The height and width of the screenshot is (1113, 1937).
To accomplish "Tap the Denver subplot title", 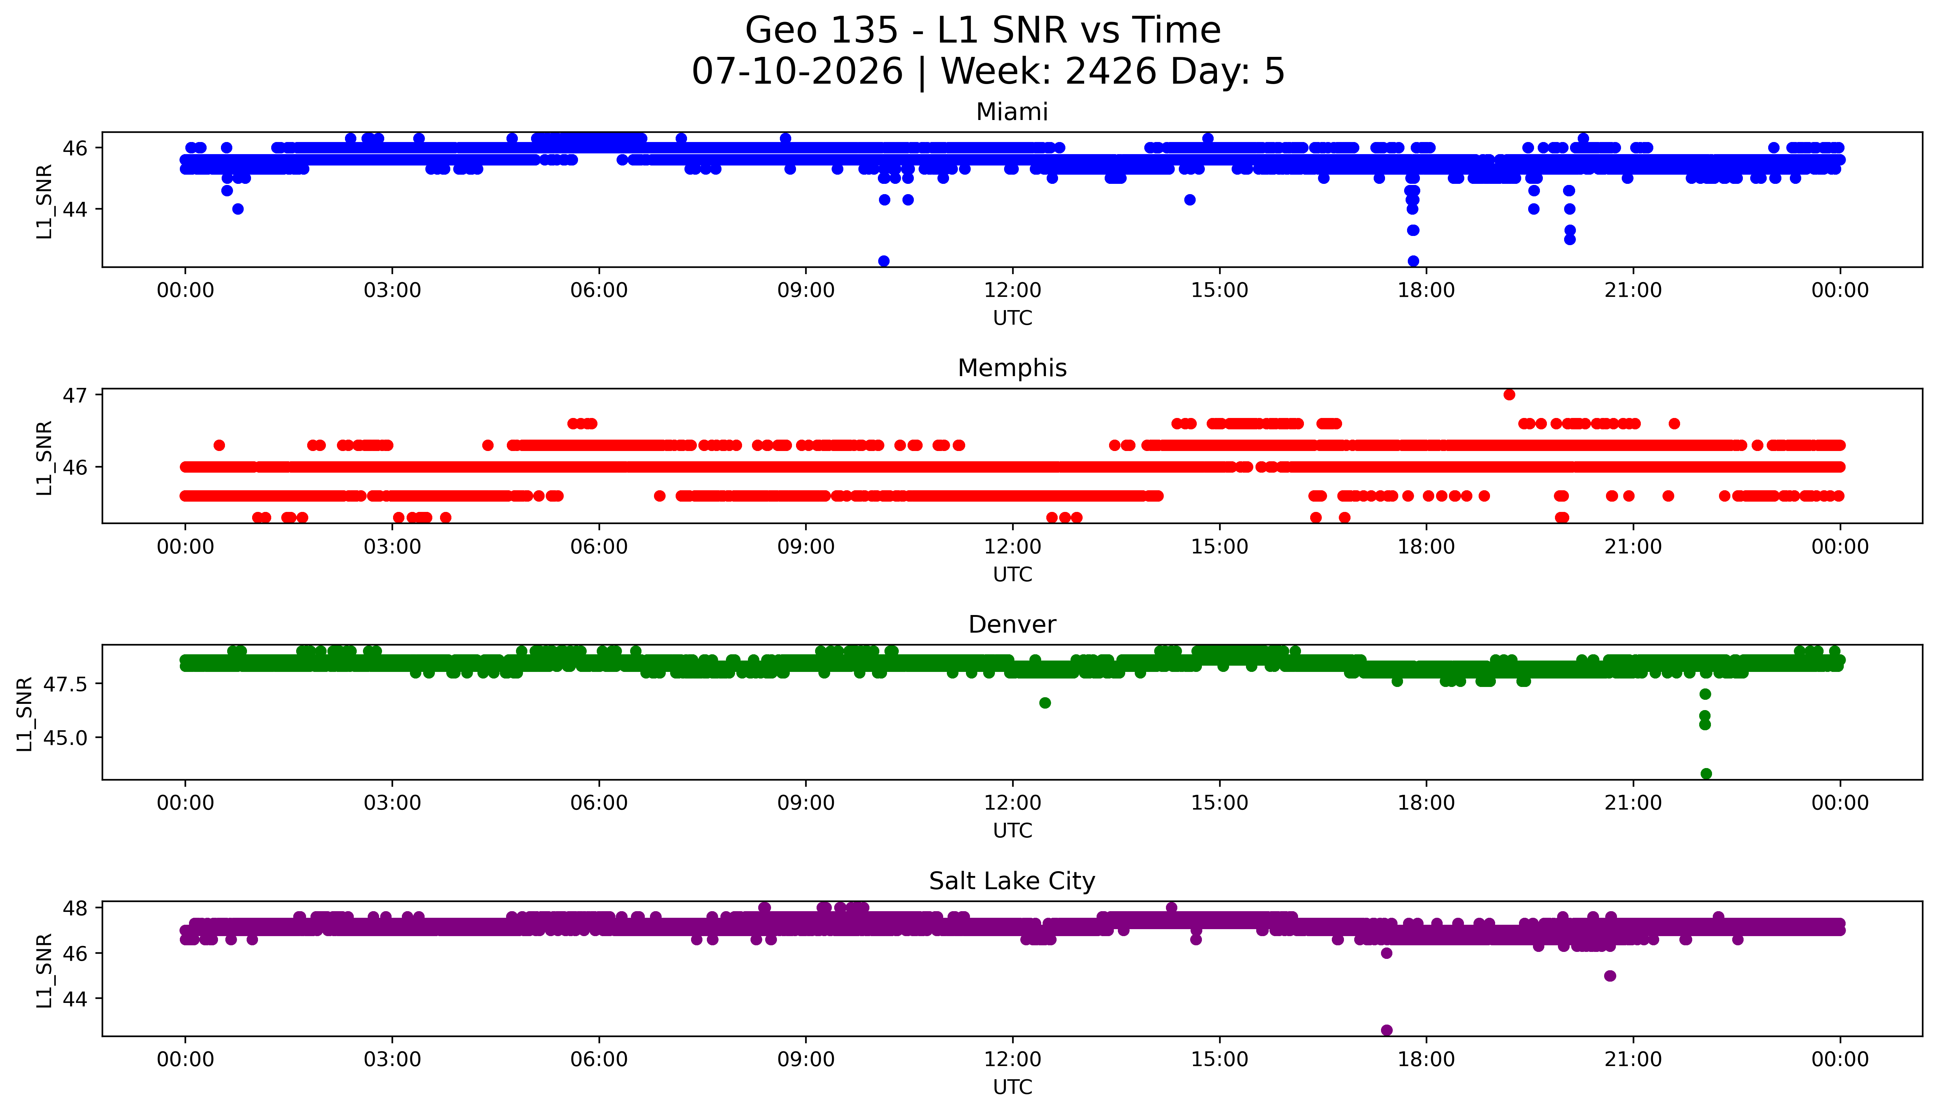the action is [x=1012, y=625].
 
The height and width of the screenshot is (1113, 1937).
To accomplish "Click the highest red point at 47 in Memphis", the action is [x=1509, y=394].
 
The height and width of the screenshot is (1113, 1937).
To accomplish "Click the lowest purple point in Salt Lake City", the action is [x=1387, y=1030].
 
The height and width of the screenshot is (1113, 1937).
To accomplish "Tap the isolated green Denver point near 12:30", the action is [x=1045, y=702].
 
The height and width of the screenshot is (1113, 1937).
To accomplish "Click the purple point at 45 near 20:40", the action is [x=1610, y=975].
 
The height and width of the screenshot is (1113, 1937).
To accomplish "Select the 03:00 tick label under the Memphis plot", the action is [x=392, y=546].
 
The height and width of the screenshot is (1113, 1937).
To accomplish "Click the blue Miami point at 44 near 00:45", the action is [x=238, y=209].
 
